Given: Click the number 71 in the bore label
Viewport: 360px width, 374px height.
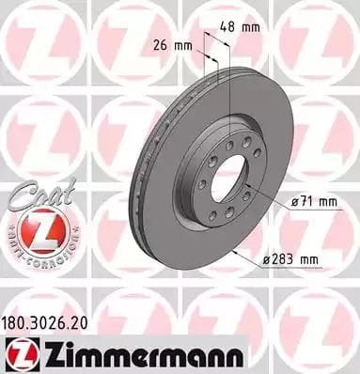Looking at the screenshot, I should [308, 199].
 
